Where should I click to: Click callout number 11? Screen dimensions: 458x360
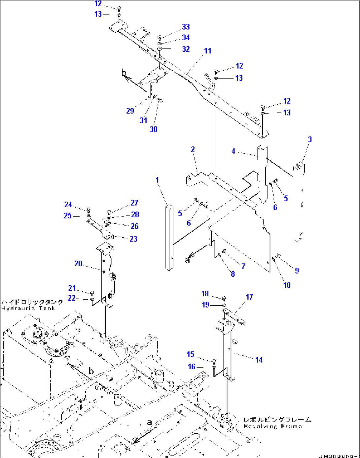coord(207,51)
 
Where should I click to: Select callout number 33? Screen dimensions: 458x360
coord(186,27)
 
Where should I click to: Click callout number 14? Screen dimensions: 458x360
coord(259,360)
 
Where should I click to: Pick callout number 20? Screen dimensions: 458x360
coord(78,263)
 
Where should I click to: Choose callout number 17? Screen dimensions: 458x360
coord(249,297)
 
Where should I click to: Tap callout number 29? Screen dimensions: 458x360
coord(130,111)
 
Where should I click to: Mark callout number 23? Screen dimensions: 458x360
coord(133,239)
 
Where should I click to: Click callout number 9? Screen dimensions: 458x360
coord(297,271)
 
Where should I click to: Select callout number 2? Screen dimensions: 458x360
coord(193,149)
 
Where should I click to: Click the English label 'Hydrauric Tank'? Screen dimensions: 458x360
coord(28,309)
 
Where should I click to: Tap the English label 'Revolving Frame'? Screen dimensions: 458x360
coord(272,426)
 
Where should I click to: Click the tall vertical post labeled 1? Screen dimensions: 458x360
coord(169,238)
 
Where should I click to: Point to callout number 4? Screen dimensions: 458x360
coord(233,151)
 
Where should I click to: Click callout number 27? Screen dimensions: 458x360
coord(134,203)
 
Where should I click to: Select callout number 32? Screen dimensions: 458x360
coord(186,49)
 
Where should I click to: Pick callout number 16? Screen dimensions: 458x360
coord(192,367)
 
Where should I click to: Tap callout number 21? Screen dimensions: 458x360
coord(72,288)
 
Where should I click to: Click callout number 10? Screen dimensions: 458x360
coord(287,285)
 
